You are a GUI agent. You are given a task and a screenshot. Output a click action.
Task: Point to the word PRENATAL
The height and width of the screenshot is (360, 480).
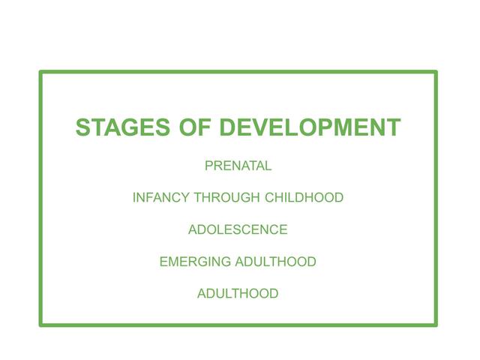pos(238,166)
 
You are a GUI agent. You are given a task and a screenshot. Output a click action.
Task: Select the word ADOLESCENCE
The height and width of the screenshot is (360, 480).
pos(238,230)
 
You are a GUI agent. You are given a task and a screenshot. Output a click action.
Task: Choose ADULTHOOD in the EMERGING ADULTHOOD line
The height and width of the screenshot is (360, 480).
pos(276,262)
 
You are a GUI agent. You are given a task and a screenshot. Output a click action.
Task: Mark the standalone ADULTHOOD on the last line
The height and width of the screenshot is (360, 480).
pos(238,294)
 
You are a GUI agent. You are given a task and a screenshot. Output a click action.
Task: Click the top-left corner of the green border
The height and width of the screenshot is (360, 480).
pos(41,73)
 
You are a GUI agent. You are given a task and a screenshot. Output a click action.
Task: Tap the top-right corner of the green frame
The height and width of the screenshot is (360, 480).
pos(435,73)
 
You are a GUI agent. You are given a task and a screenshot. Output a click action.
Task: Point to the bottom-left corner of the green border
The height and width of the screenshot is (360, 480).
pos(41,325)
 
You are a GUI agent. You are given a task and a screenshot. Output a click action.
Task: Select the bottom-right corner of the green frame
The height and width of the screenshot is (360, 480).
pos(435,325)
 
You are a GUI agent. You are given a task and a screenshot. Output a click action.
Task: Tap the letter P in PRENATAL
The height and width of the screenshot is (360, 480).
pos(209,166)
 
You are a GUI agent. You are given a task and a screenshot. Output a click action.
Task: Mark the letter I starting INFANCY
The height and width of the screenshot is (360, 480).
pos(134,198)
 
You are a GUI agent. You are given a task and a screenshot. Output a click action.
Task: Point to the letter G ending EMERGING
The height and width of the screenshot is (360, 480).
pos(226,262)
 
